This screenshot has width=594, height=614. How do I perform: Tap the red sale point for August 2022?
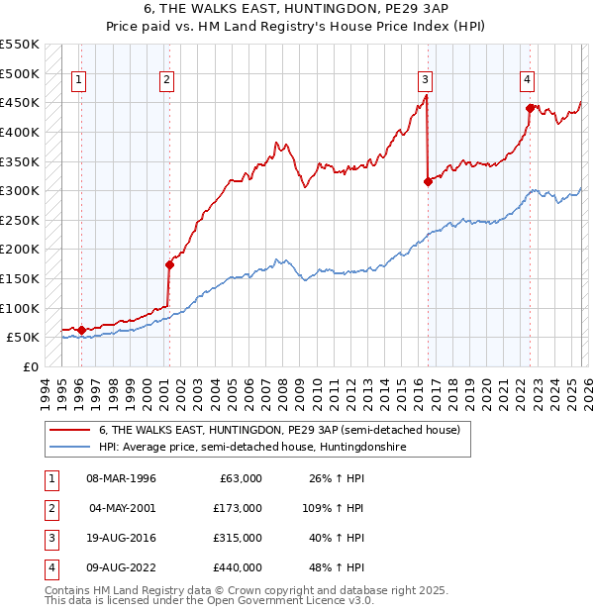(x=530, y=108)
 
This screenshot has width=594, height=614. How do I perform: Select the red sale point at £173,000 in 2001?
(x=169, y=264)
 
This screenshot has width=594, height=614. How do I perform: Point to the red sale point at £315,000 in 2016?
(x=428, y=181)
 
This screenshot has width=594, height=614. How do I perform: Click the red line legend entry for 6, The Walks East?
(x=279, y=431)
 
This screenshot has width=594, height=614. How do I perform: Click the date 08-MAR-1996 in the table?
(x=121, y=478)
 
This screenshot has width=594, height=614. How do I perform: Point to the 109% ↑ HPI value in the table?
(x=334, y=508)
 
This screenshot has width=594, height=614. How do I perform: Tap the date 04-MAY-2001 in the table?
(x=121, y=508)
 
